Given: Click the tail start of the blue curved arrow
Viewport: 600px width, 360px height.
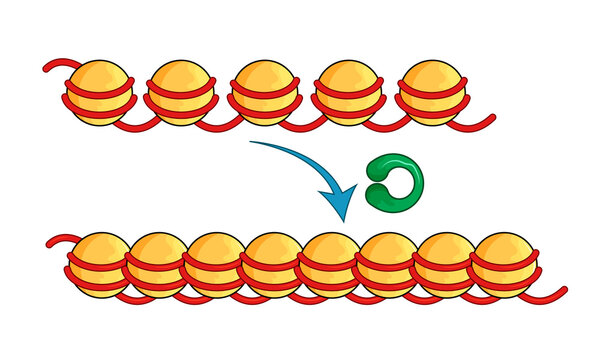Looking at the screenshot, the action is [252, 143].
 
